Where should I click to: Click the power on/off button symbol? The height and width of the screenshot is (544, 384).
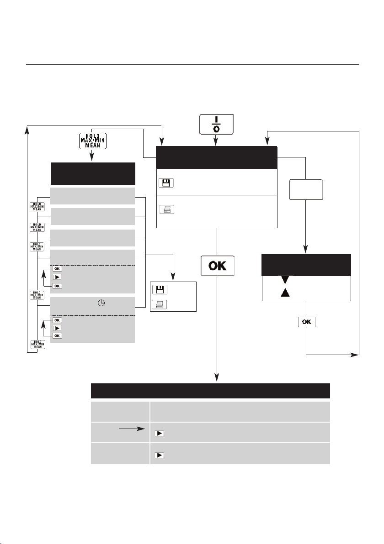pyautogui.click(x=216, y=124)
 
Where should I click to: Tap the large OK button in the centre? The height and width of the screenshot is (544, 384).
pyautogui.click(x=217, y=265)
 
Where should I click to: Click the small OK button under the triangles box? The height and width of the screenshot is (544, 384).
pyautogui.click(x=307, y=322)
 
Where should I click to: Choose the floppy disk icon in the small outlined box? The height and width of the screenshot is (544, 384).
pyautogui.click(x=160, y=289)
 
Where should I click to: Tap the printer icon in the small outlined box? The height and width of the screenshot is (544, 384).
pyautogui.click(x=160, y=304)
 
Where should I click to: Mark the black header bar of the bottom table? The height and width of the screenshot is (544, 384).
pyautogui.click(x=210, y=392)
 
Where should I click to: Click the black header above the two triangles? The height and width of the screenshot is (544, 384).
pyautogui.click(x=306, y=265)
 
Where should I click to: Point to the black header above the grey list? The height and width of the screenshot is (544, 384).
pyautogui.click(x=92, y=173)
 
